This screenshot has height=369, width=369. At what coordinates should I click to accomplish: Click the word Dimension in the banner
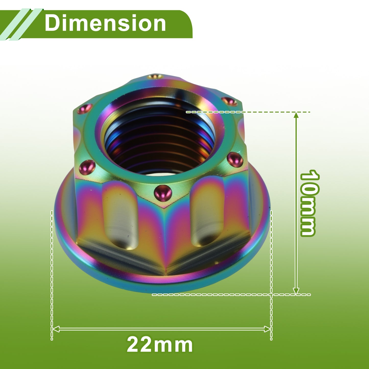pos(105,23)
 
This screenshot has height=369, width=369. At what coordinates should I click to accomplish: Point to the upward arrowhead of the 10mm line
pos(296,116)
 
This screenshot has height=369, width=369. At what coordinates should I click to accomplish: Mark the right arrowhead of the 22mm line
pos(267,329)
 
